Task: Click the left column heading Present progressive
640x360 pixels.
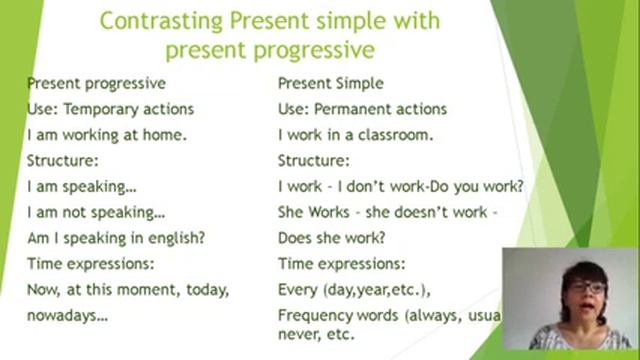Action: pos(96,84)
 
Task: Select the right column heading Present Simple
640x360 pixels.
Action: pos(330,84)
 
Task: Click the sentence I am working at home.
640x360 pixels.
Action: pos(107,135)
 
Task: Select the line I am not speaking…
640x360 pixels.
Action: pos(96,212)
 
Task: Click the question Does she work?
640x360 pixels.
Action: pos(331,238)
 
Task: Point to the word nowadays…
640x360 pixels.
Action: pos(67,314)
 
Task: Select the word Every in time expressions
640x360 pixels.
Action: pos(297,290)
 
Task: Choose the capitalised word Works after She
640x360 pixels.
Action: pos(326,212)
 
